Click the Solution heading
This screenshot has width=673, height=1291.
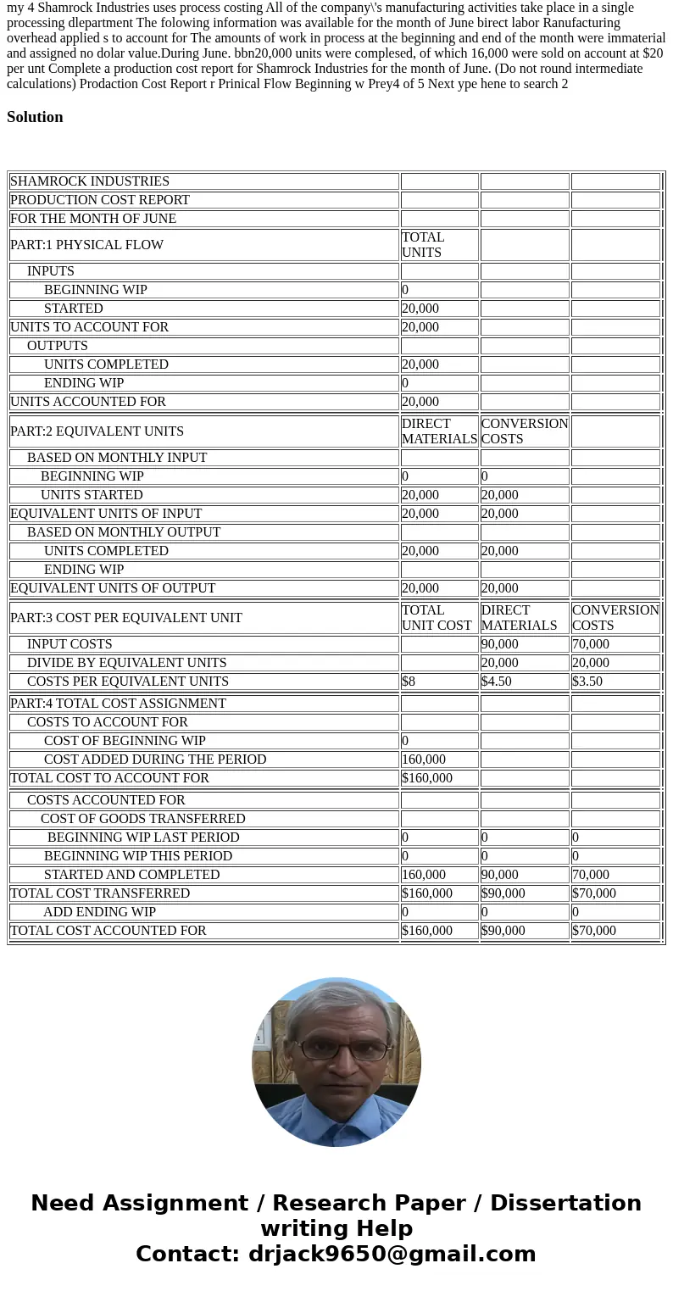tap(35, 117)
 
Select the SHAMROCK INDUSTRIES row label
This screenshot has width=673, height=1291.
tap(90, 181)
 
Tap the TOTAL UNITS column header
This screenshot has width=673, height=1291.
tap(423, 245)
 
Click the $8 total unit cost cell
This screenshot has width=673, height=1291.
tap(409, 682)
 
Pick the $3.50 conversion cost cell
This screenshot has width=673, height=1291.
tap(587, 682)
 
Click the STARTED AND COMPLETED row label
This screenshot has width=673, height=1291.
tap(131, 875)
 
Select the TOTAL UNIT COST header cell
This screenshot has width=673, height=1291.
tap(437, 618)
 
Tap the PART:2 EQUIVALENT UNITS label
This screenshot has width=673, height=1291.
tap(97, 431)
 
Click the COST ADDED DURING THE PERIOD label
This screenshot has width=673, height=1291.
tap(155, 760)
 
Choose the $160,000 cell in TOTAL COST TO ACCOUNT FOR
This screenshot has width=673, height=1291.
tap(427, 778)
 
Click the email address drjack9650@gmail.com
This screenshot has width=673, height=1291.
tap(392, 1254)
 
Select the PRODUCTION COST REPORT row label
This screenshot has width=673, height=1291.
tap(100, 200)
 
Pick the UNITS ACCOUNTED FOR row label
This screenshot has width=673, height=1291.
tap(88, 402)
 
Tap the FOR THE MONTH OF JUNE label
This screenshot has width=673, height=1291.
tap(93, 219)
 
